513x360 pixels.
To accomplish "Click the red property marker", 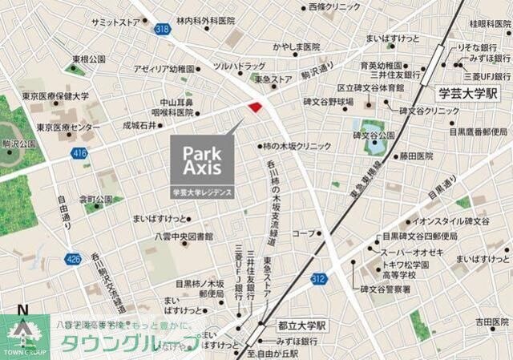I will pyautogui.click(x=255, y=107).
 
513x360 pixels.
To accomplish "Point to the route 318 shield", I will pyautogui.click(x=163, y=29).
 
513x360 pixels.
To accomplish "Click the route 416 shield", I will pyautogui.click(x=79, y=151).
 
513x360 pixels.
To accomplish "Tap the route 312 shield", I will pyautogui.click(x=319, y=278).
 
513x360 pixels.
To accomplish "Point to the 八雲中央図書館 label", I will pyautogui.click(x=184, y=237).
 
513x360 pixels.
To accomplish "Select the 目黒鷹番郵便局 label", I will pyautogui.click(x=478, y=131).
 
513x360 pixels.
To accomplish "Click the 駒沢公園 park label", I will pyautogui.click(x=18, y=142).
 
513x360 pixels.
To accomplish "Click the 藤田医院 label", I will pyautogui.click(x=416, y=156).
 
